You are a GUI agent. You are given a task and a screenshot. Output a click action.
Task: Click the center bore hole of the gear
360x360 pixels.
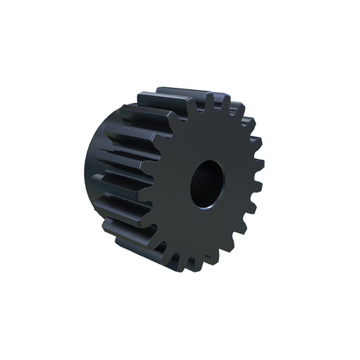pyautogui.click(x=206, y=184)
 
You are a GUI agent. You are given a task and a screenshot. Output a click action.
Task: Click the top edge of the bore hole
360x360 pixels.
pyautogui.click(x=207, y=161)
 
